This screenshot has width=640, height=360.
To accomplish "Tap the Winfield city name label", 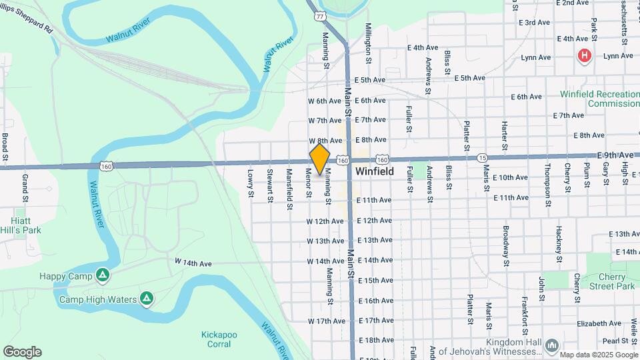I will pos(374,171).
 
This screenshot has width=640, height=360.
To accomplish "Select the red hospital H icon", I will pos(585,56).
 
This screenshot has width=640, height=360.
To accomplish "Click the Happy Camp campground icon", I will pos(102,275).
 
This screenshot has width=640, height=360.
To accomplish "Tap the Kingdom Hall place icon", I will pos(551,345).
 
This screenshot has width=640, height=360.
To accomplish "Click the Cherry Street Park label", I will pos(612,281).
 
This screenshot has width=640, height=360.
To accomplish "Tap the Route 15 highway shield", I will pos(482,158).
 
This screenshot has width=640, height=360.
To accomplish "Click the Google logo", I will pos(22,352).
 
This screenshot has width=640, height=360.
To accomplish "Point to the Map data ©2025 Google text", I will pos(598,355).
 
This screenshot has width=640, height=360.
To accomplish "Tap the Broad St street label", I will pos(5,147).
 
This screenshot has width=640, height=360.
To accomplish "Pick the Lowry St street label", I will pos(251,183).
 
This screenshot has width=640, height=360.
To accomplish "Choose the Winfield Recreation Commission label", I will pos(599,99).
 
